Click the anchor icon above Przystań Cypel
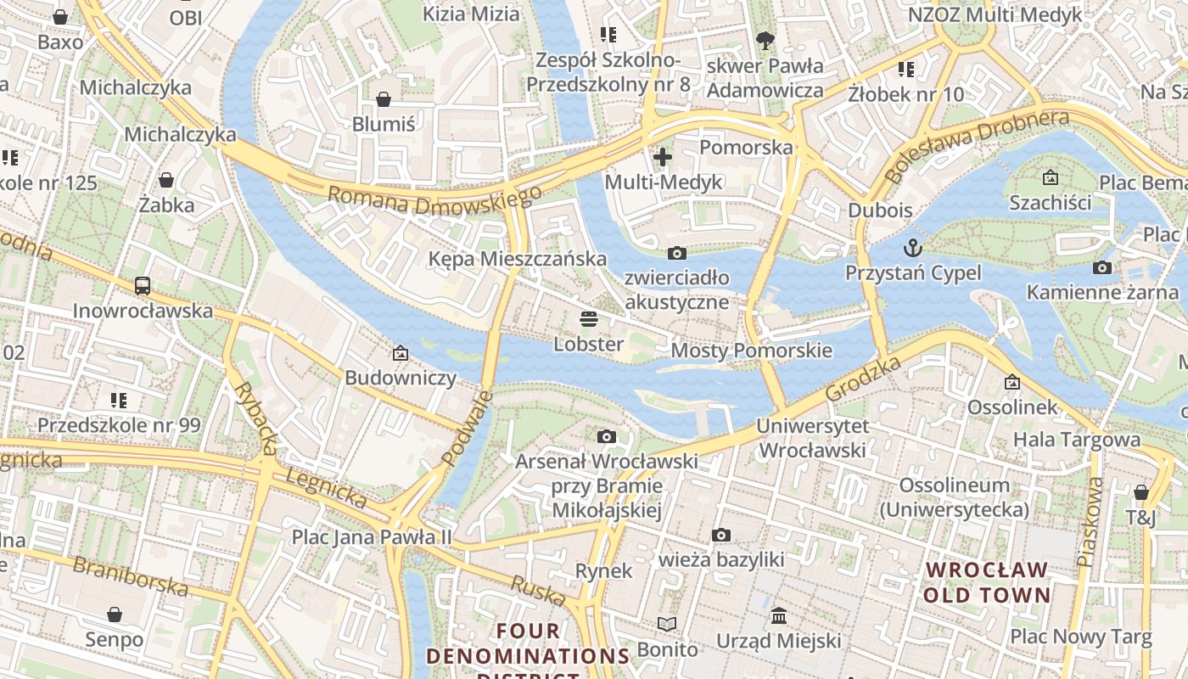913,247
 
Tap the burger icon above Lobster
589,319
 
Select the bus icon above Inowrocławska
143,286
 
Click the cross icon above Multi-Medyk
663,156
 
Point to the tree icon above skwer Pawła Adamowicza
765,40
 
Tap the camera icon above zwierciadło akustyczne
676,253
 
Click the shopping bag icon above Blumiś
384,99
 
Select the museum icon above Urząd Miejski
778,615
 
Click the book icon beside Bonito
668,625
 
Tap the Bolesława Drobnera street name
976,145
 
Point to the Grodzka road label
862,379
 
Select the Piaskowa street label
1091,521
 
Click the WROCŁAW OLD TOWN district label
986,582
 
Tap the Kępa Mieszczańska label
517,259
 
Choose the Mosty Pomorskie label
751,351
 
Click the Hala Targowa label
1077,440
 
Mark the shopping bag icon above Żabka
166,180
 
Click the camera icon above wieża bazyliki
721,535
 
